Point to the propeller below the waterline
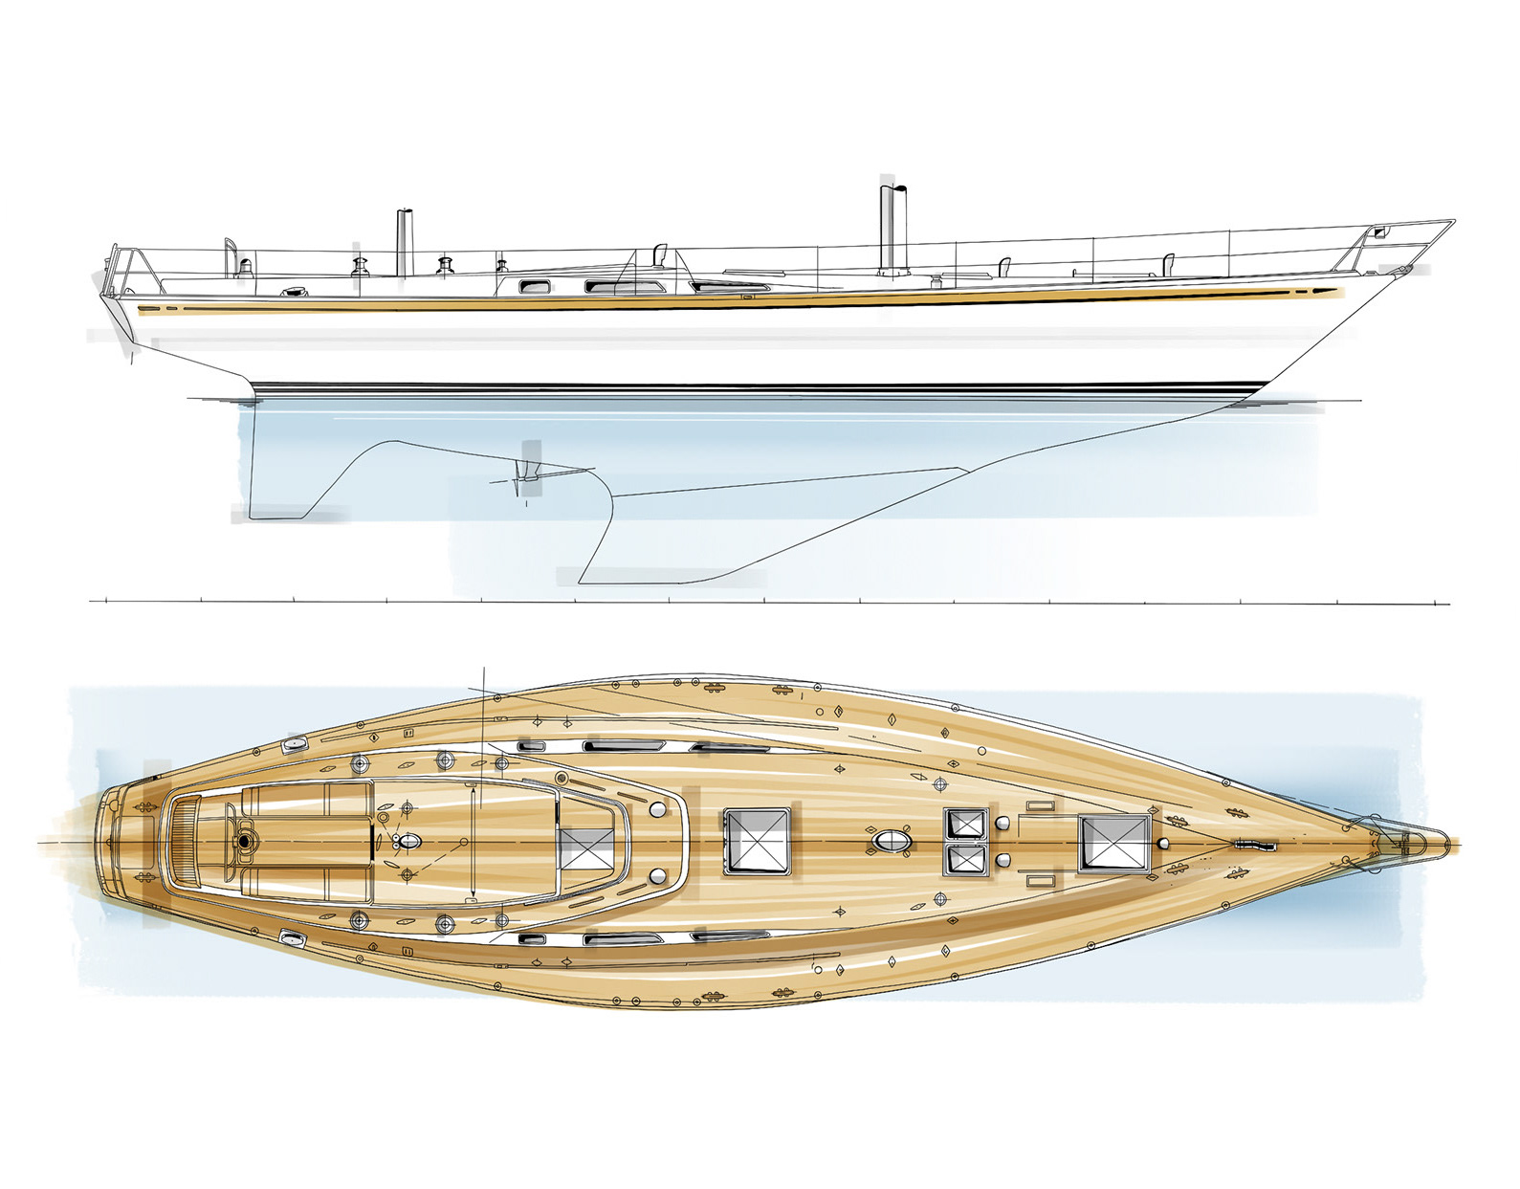click(521, 472)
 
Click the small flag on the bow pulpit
click(1378, 231)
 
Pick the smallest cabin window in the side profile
click(529, 285)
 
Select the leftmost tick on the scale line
click(105, 601)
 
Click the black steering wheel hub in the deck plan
click(245, 841)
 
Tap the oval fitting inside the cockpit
click(408, 842)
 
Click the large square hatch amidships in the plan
click(757, 841)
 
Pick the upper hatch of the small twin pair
click(965, 823)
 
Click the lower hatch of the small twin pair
click(965, 859)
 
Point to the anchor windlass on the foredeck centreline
click(1252, 845)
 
